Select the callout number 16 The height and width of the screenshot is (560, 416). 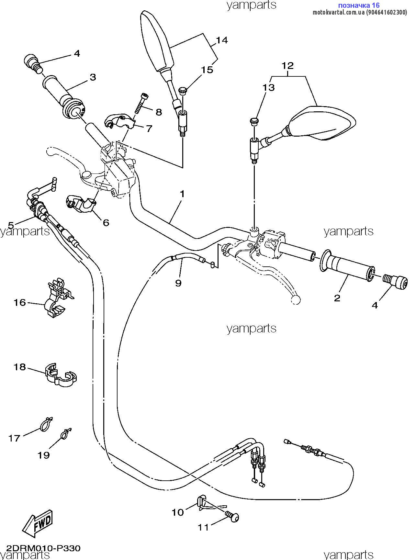(x=19, y=302)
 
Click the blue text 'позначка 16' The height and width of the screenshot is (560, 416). (x=358, y=5)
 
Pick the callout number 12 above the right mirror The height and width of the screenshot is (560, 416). (x=287, y=66)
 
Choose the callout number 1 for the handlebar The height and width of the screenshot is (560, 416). (x=182, y=194)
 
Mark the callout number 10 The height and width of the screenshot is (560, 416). (x=177, y=512)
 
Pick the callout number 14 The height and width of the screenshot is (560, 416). (x=222, y=40)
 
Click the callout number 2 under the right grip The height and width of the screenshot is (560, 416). (x=337, y=298)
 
